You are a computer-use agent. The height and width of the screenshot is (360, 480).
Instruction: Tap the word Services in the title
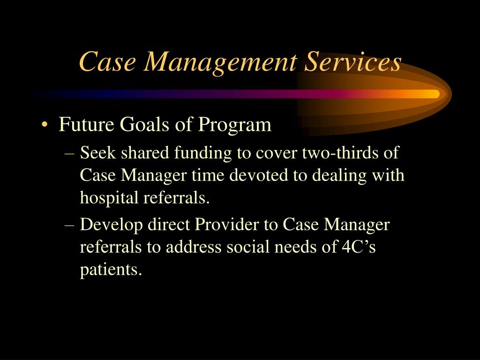[352, 62]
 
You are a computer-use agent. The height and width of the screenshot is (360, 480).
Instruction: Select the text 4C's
[356, 247]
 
